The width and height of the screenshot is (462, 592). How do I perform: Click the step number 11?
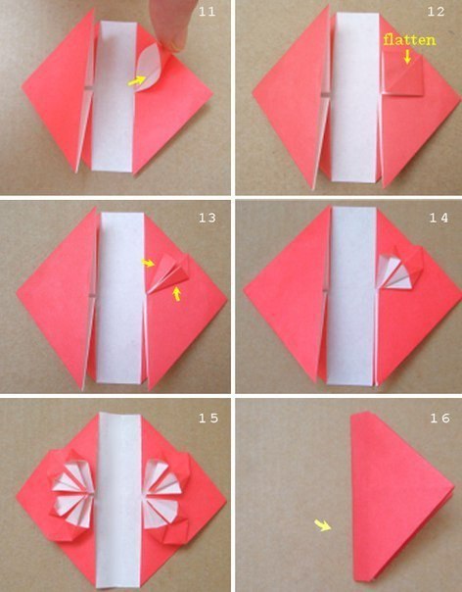tap(208, 12)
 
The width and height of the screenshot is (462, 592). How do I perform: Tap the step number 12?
tap(437, 12)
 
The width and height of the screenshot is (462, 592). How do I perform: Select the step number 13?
tap(208, 218)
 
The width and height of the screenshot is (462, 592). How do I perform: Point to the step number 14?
tap(439, 218)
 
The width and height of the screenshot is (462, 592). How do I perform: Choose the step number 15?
tap(208, 418)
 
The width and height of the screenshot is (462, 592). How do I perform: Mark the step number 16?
tap(439, 418)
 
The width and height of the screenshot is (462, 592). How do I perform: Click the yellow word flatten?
tap(409, 39)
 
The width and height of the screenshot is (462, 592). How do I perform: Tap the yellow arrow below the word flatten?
tap(407, 57)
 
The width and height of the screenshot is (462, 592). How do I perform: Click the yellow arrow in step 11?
tap(136, 80)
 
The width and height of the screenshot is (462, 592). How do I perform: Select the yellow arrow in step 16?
tap(323, 524)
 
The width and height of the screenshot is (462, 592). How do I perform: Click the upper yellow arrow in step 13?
tap(148, 263)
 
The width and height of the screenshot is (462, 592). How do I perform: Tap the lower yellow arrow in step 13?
tap(176, 293)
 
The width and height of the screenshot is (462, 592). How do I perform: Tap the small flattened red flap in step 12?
tap(404, 74)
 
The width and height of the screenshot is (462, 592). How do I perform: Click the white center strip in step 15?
tap(118, 500)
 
